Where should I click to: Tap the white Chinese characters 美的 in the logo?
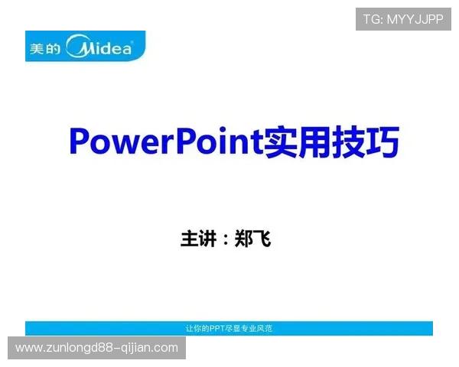43,49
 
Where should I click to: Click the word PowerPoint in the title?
165,141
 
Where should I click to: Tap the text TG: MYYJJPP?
403,19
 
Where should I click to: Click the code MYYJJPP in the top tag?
415,19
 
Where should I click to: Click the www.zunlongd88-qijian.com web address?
97,348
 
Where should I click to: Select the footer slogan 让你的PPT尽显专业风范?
229,328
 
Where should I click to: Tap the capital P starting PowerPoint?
79,141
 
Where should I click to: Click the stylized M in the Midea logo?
80,48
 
